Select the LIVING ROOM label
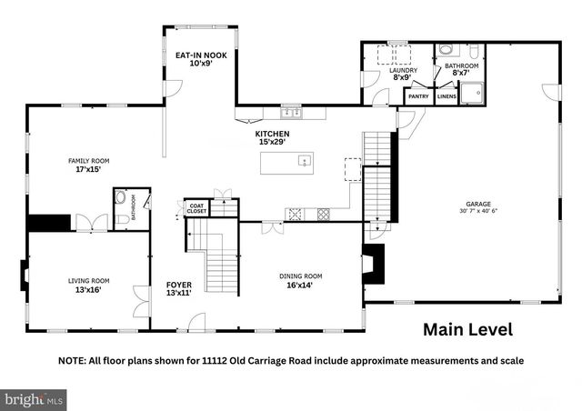(x=88, y=281)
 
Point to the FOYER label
(x=178, y=284)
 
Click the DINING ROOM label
(x=300, y=276)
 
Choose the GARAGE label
(x=479, y=204)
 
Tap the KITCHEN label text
(x=272, y=135)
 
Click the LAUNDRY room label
(x=403, y=70)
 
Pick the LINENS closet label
(x=447, y=95)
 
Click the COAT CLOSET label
(x=196, y=208)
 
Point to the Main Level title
(x=467, y=329)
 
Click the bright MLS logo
(x=35, y=398)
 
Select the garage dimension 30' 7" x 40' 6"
(x=479, y=212)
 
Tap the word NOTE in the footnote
(x=75, y=361)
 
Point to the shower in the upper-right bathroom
(x=470, y=92)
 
